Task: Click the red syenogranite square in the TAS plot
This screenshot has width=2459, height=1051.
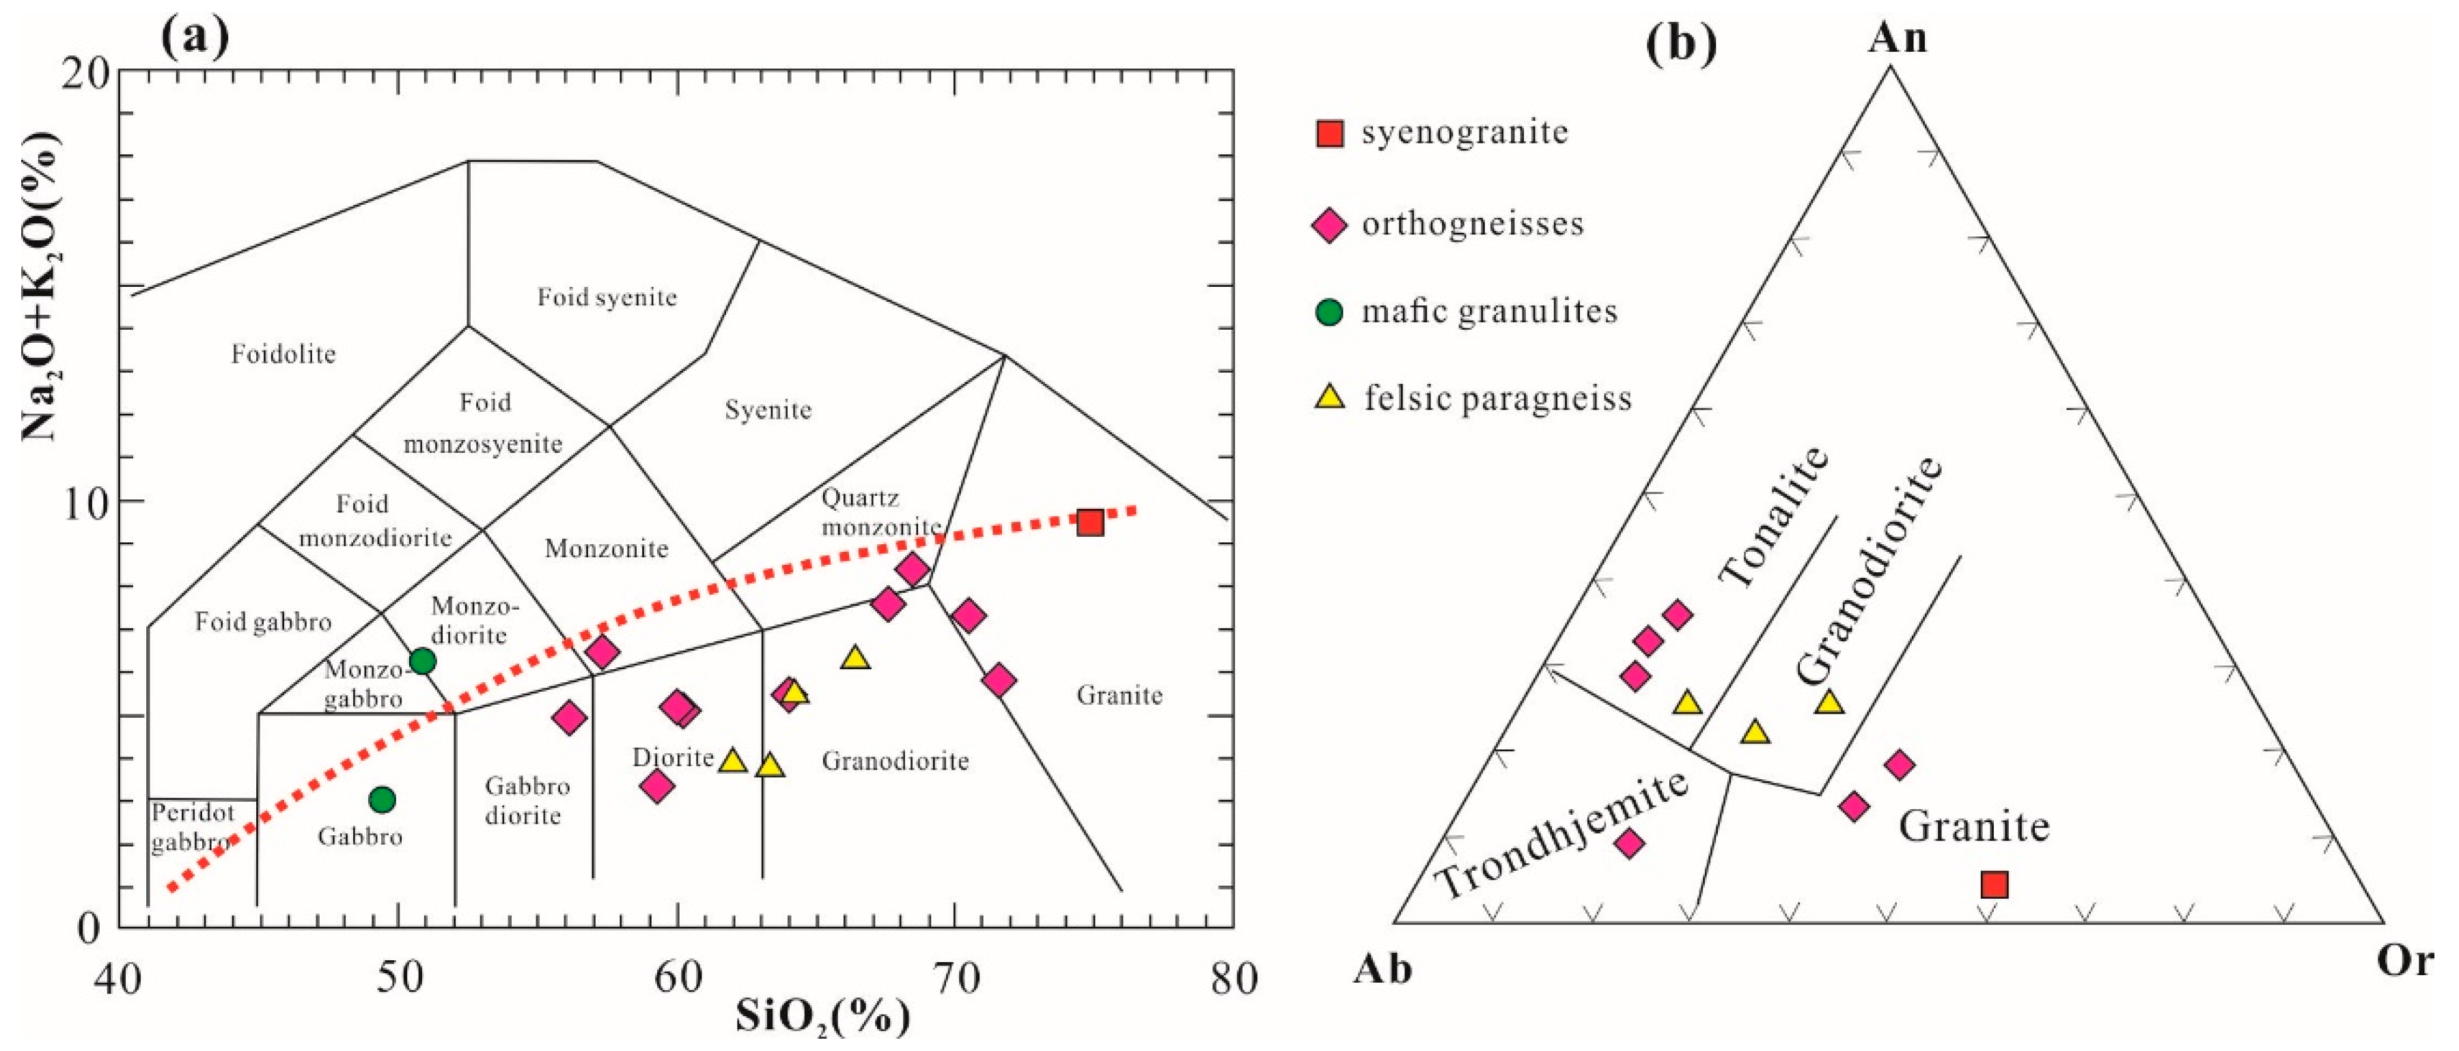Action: coord(1089,522)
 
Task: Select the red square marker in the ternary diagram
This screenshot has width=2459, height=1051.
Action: coord(1994,885)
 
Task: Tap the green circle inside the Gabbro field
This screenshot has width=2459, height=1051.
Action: coord(382,799)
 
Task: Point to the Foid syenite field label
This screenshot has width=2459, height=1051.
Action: coord(607,297)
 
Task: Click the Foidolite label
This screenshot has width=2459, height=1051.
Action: coord(283,355)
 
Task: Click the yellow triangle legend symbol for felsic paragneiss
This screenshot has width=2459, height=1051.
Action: coord(1330,397)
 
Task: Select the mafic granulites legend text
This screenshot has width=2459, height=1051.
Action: coord(1489,311)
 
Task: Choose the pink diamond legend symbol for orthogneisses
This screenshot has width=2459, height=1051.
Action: coord(1330,225)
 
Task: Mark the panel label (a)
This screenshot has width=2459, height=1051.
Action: coord(195,38)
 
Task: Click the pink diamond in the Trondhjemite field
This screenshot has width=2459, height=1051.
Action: coord(1630,843)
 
